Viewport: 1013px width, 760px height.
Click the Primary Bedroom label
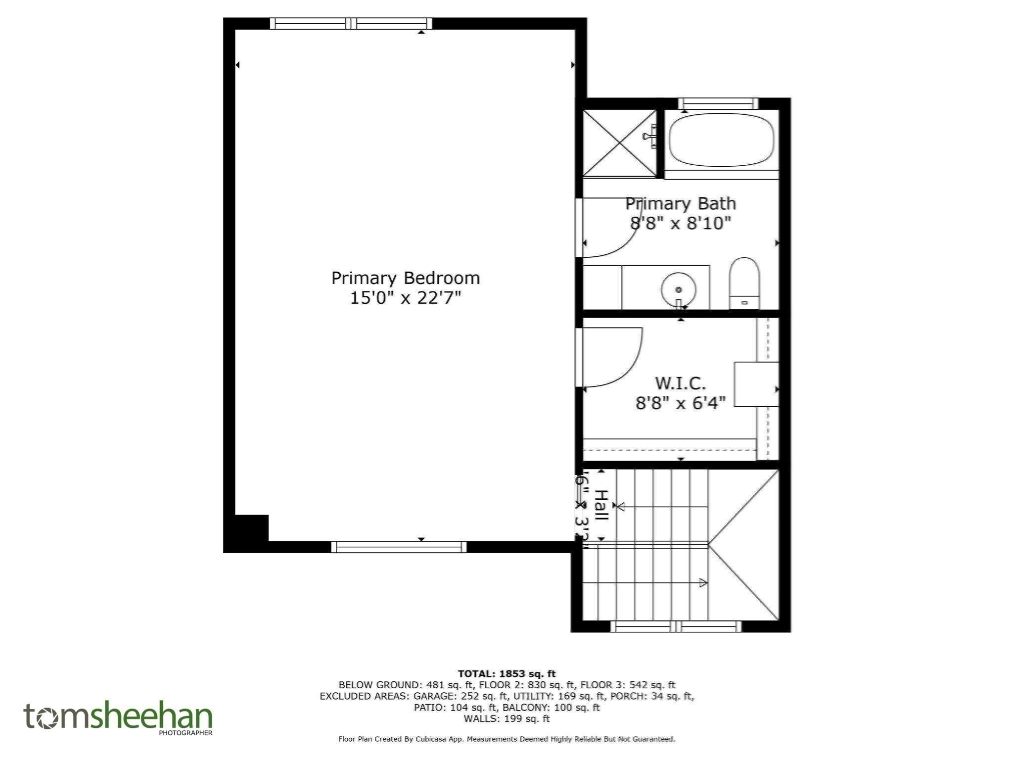click(x=405, y=278)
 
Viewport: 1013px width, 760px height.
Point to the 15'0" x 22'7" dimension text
click(x=405, y=298)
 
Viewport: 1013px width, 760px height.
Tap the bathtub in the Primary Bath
click(x=721, y=140)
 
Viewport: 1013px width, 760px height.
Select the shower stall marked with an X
click(x=619, y=143)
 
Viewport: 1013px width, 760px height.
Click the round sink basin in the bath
click(x=678, y=289)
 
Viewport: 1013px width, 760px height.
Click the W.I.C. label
click(x=680, y=383)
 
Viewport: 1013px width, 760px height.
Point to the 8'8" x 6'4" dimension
click(x=680, y=403)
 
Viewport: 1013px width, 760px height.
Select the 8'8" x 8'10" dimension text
click(x=680, y=224)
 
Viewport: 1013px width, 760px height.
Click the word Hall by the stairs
click(x=601, y=505)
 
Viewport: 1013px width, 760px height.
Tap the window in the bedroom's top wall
click(x=351, y=23)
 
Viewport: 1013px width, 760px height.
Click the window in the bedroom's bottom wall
click(x=398, y=546)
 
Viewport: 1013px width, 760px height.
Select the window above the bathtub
click(x=718, y=103)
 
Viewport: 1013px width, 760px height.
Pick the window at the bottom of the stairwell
click(x=676, y=626)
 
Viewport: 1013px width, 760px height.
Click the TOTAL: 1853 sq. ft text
click(x=506, y=673)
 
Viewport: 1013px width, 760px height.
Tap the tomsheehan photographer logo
click(x=118, y=718)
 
